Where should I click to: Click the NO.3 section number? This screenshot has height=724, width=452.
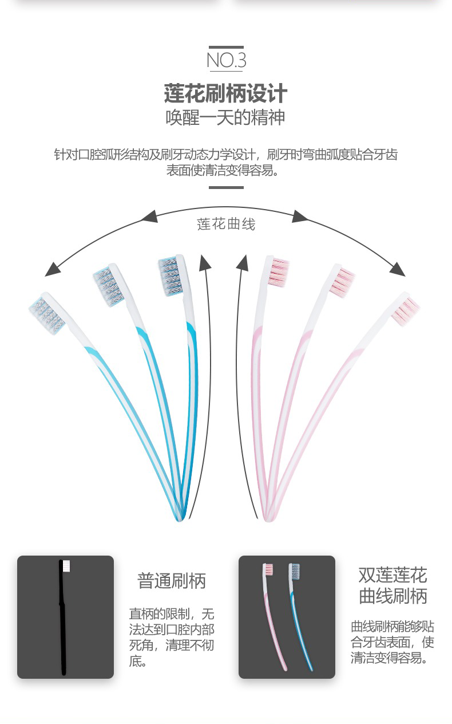(x=227, y=61)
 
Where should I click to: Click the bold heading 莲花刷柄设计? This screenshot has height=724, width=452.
(x=225, y=93)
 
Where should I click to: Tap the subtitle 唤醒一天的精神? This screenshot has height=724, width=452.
(x=225, y=117)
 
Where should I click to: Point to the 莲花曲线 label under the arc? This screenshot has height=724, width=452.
(x=226, y=225)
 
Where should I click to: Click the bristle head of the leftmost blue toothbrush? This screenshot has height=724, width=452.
(x=47, y=315)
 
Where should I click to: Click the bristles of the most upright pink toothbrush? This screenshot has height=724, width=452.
(x=278, y=272)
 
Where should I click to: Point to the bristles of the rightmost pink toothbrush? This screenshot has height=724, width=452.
(x=406, y=312)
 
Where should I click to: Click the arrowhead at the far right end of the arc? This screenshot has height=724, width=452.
(x=398, y=270)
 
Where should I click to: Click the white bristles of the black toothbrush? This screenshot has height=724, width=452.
(x=66, y=566)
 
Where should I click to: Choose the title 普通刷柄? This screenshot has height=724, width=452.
(x=172, y=581)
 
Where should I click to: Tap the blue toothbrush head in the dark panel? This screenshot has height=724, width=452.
(x=295, y=572)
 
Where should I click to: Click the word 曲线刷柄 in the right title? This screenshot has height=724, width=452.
(x=393, y=596)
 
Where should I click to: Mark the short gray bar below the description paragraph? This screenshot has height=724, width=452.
(x=226, y=187)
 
